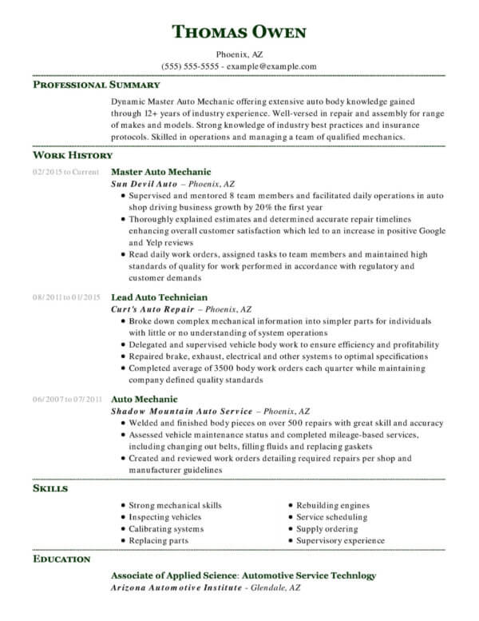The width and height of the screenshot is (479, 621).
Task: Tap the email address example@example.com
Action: [272, 66]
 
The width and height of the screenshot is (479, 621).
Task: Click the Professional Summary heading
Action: [96, 84]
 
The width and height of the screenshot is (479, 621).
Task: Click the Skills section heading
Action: [49, 487]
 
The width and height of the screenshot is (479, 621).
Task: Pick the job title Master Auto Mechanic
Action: [160, 172]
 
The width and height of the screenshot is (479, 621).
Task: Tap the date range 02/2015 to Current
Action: [65, 172]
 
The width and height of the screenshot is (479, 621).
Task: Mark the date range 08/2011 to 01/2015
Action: [66, 297]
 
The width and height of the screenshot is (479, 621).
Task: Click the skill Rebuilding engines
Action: [332, 505]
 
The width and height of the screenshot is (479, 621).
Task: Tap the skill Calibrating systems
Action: [166, 528]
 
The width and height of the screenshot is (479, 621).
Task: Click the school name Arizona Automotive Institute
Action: [176, 587]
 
